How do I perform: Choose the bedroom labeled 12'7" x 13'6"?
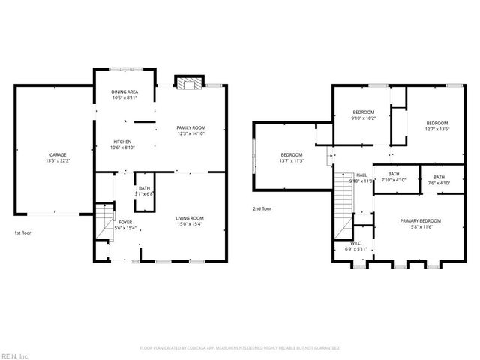coord(437,126)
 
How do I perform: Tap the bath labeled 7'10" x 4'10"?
coord(393,177)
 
